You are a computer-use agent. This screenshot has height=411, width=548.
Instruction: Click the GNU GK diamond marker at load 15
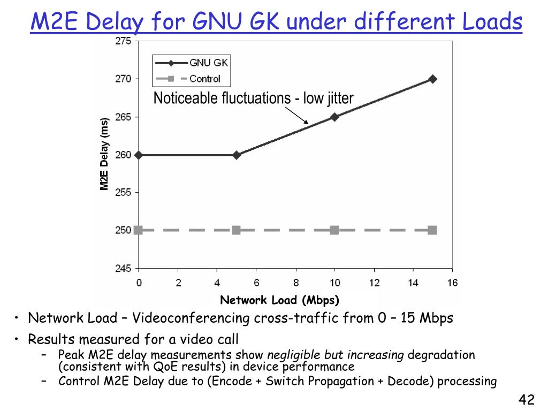[x=433, y=79]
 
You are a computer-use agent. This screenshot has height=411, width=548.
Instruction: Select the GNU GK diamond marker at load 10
[x=334, y=117]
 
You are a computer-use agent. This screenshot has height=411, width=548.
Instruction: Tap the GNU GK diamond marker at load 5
[x=237, y=155]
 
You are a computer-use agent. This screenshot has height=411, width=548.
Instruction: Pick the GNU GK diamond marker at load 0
[x=139, y=155]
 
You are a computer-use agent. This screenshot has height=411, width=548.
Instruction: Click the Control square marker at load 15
[x=432, y=230]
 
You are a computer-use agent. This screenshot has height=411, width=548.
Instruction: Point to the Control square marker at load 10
[x=334, y=230]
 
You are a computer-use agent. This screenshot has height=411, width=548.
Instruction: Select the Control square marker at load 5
[x=236, y=230]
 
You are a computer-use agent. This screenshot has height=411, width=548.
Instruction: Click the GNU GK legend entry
[x=192, y=63]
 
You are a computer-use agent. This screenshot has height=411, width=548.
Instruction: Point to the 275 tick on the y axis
[x=124, y=41]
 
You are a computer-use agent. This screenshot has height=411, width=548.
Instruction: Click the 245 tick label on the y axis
[x=124, y=269]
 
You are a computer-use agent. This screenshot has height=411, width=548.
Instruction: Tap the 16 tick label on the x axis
[x=453, y=283]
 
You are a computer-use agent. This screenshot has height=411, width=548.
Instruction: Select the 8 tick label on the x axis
[x=295, y=283]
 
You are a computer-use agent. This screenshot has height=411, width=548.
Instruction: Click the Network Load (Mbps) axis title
[x=280, y=300]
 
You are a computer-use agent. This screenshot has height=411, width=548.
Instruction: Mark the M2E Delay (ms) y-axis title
[x=104, y=154]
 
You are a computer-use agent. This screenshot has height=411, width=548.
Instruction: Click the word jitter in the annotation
[x=337, y=98]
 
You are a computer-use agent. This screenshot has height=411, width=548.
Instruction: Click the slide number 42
[x=527, y=399]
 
